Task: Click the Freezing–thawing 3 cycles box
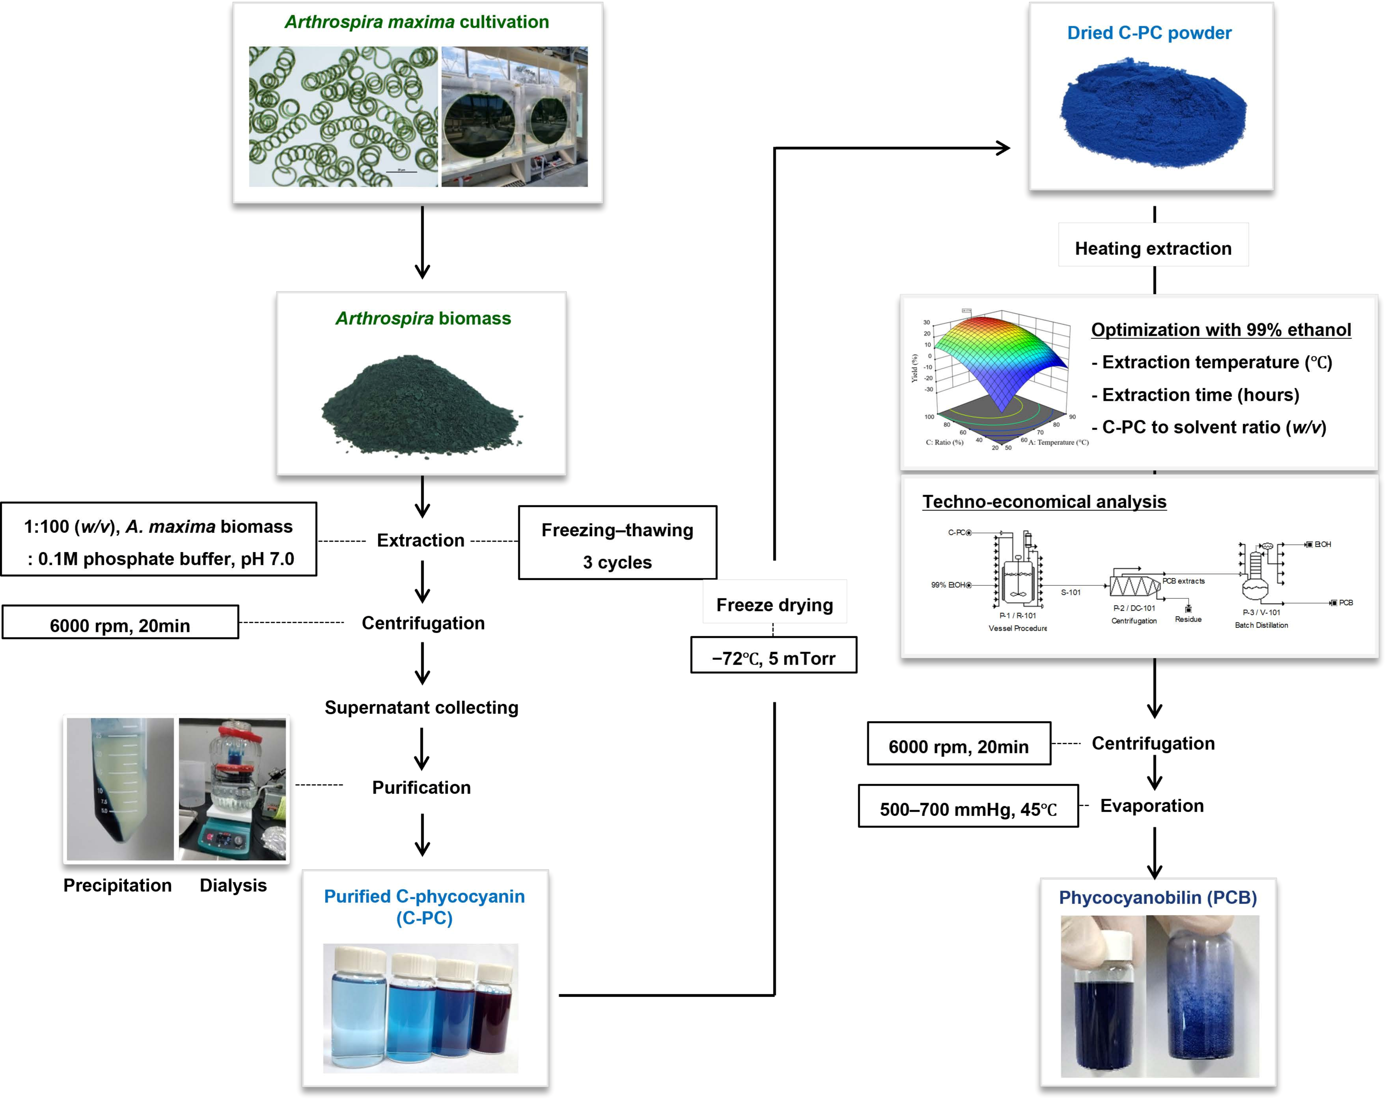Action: coord(617,543)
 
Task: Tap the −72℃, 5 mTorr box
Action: coord(773,655)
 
